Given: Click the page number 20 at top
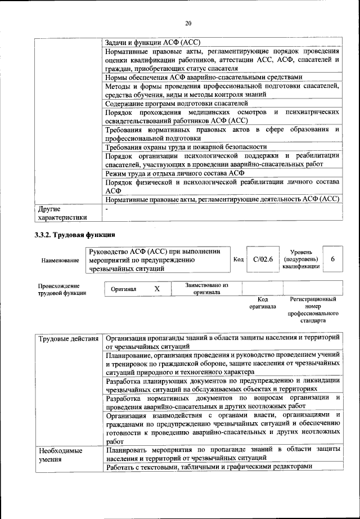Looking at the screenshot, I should pos(188,23).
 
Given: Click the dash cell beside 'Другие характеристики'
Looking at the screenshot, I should pos(107,209).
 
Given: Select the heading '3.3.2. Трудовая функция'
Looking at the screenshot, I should pos(75,235).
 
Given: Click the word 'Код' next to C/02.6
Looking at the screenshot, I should pos(238,259).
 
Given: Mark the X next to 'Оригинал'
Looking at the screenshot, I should pos(157,288).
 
